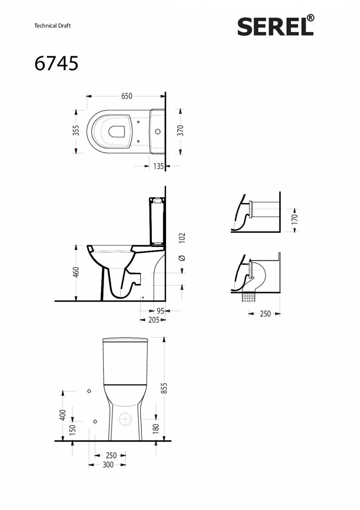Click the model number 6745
pyautogui.click(x=56, y=63)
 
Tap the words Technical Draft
pyautogui.click(x=52, y=26)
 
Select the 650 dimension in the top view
pyautogui.click(x=127, y=96)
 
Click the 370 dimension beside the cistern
pyautogui.click(x=181, y=130)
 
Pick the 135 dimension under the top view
pyautogui.click(x=158, y=166)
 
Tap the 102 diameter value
pyautogui.click(x=182, y=238)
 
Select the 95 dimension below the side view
pyautogui.click(x=161, y=311)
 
